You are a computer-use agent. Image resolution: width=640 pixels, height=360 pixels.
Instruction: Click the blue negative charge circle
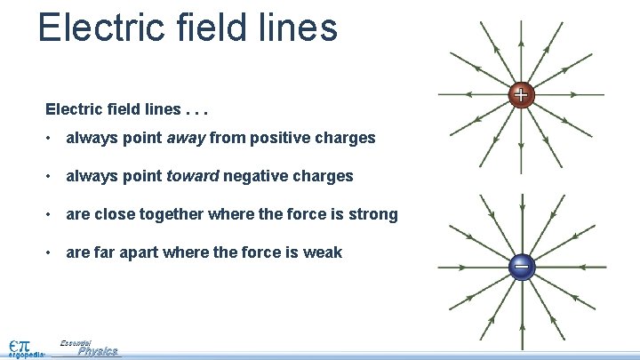[x=522, y=266]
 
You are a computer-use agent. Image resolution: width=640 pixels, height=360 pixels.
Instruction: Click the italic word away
[x=187, y=138]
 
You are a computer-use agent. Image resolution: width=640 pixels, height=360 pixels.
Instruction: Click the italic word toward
[x=192, y=176]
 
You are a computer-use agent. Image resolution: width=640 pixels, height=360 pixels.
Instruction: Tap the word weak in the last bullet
[x=324, y=252]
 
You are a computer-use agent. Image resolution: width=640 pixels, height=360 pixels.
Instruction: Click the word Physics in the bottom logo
[x=98, y=352]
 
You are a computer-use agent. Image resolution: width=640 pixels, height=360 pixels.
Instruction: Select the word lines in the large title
[x=297, y=27]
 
